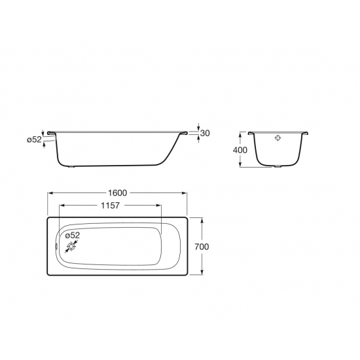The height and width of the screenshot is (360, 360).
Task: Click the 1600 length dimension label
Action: [x=117, y=193]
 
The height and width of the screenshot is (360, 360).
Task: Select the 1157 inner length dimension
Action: [x=110, y=206]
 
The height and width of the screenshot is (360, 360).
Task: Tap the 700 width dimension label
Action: [x=202, y=247]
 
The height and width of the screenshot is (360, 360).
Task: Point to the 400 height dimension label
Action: [x=240, y=150]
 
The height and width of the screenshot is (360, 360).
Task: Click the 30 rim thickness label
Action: [x=205, y=133]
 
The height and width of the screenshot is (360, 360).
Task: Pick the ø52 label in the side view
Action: [x=34, y=139]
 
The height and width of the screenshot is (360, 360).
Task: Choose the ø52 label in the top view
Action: [x=73, y=235]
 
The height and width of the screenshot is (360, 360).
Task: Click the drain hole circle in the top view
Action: [x=71, y=247]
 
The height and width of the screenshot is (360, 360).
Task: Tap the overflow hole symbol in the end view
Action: [x=278, y=138]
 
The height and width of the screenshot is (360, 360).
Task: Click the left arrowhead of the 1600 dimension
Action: [x=50, y=193]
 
